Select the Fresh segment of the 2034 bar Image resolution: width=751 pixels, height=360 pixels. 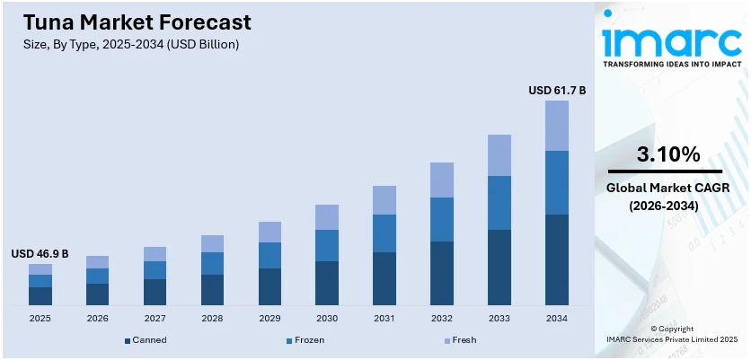pyautogui.click(x=557, y=126)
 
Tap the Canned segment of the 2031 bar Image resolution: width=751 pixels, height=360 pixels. pyautogui.click(x=384, y=278)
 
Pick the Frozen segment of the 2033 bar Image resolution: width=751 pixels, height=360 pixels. pyautogui.click(x=499, y=203)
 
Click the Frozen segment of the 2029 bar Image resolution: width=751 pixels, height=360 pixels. pyautogui.click(x=269, y=255)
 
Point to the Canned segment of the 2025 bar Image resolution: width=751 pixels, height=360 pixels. pyautogui.click(x=40, y=295)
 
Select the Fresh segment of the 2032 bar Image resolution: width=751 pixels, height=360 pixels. pyautogui.click(x=442, y=180)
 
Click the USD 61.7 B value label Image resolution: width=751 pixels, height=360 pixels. pyautogui.click(x=557, y=90)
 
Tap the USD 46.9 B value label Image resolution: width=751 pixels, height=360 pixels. pyautogui.click(x=40, y=254)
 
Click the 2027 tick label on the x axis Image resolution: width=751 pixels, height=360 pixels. pyautogui.click(x=155, y=319)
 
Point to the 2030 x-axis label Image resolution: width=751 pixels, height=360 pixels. pyautogui.click(x=327, y=319)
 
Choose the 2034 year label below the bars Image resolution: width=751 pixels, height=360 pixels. pyautogui.click(x=557, y=319)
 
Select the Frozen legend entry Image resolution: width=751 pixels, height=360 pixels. pyautogui.click(x=305, y=340)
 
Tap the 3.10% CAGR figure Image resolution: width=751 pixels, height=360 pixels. pyautogui.click(x=667, y=154)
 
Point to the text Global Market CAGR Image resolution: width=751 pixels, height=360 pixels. pyautogui.click(x=668, y=188)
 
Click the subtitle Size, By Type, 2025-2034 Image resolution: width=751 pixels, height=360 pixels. pyautogui.click(x=125, y=44)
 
